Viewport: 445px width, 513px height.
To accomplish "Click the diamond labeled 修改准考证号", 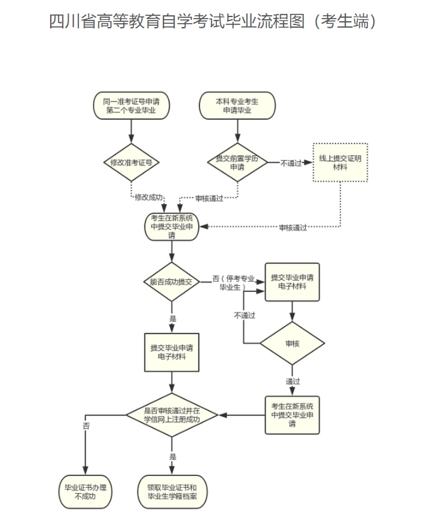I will pos(131,162).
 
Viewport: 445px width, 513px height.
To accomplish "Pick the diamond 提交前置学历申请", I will pos(237,162).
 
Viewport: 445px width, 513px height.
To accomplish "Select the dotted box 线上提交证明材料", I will pos(340,162).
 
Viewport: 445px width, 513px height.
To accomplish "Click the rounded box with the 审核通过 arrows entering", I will pos(171,226).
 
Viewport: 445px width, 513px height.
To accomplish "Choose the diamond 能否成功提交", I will pos(171,282).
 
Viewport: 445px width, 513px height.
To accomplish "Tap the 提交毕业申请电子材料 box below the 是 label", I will pos(171,352).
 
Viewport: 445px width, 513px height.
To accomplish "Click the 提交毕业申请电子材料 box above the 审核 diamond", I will pos(292,283).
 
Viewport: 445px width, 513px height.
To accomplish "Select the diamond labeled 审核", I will pos(292,344).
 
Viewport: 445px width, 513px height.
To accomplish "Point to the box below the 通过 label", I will pos(292,414).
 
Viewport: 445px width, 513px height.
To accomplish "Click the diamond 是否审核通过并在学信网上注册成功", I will pos(171,415).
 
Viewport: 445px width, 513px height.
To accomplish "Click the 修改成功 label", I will pos(149,197).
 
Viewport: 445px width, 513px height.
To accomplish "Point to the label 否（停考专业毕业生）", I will pos(233,283).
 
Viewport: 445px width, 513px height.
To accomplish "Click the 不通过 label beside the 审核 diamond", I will pos(244,316).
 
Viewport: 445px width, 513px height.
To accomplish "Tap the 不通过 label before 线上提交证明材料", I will pos(291,162).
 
